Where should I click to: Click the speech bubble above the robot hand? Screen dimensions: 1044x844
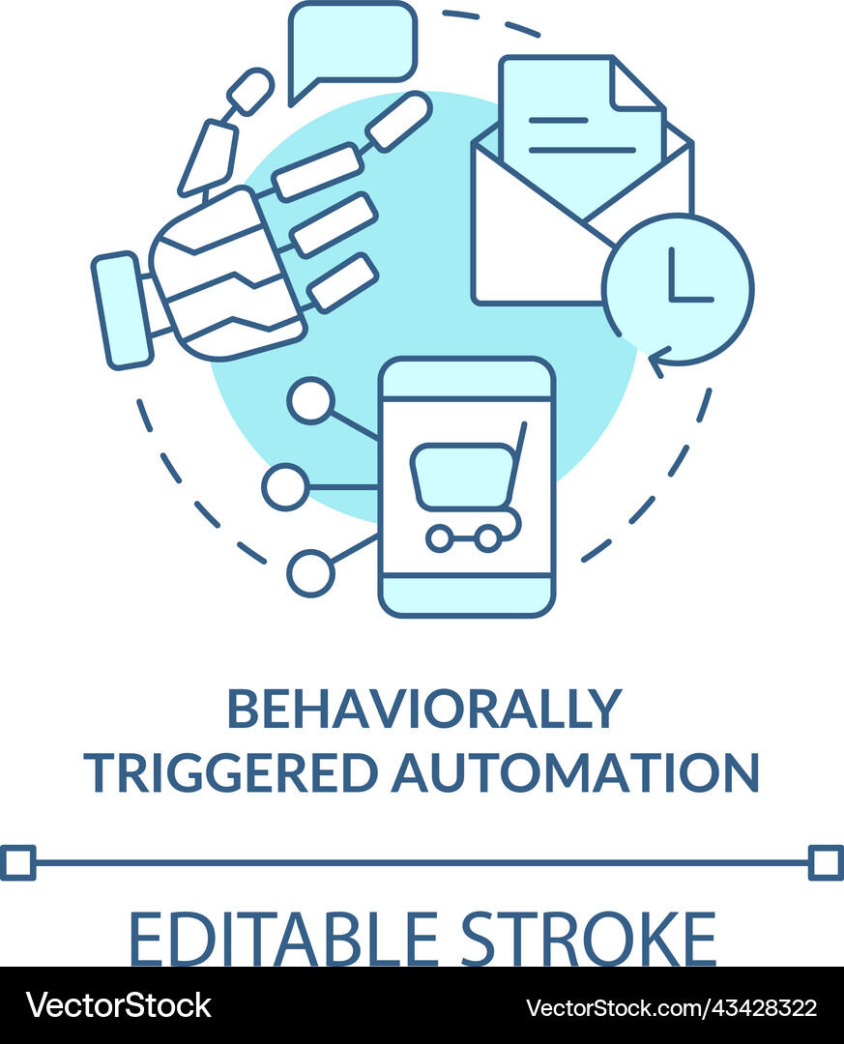(x=353, y=43)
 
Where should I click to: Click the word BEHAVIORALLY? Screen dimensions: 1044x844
(x=422, y=710)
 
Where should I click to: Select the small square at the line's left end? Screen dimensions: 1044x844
(x=18, y=862)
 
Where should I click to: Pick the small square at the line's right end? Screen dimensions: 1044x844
(x=825, y=862)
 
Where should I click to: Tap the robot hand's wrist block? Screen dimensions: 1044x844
(x=121, y=310)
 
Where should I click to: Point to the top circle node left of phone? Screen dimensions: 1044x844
(x=310, y=400)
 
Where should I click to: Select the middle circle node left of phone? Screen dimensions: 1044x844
(x=285, y=486)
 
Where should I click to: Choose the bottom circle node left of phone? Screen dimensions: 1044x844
(x=310, y=572)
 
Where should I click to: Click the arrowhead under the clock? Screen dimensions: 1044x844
(x=657, y=364)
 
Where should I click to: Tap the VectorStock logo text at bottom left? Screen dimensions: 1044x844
(x=119, y=1006)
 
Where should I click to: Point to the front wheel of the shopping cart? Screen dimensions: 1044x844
(x=440, y=538)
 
